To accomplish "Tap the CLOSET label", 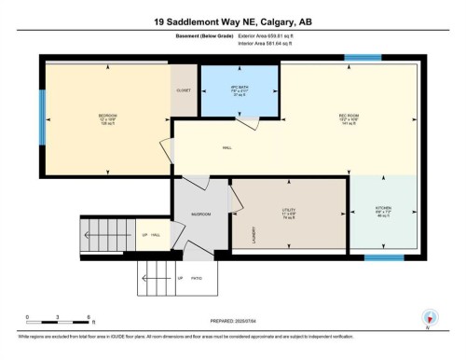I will pos(184,90).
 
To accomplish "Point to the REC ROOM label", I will pos(349,116).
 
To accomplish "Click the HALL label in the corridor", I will pos(226,146).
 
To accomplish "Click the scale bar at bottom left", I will pos(56,324).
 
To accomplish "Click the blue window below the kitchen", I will pos(382,256).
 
